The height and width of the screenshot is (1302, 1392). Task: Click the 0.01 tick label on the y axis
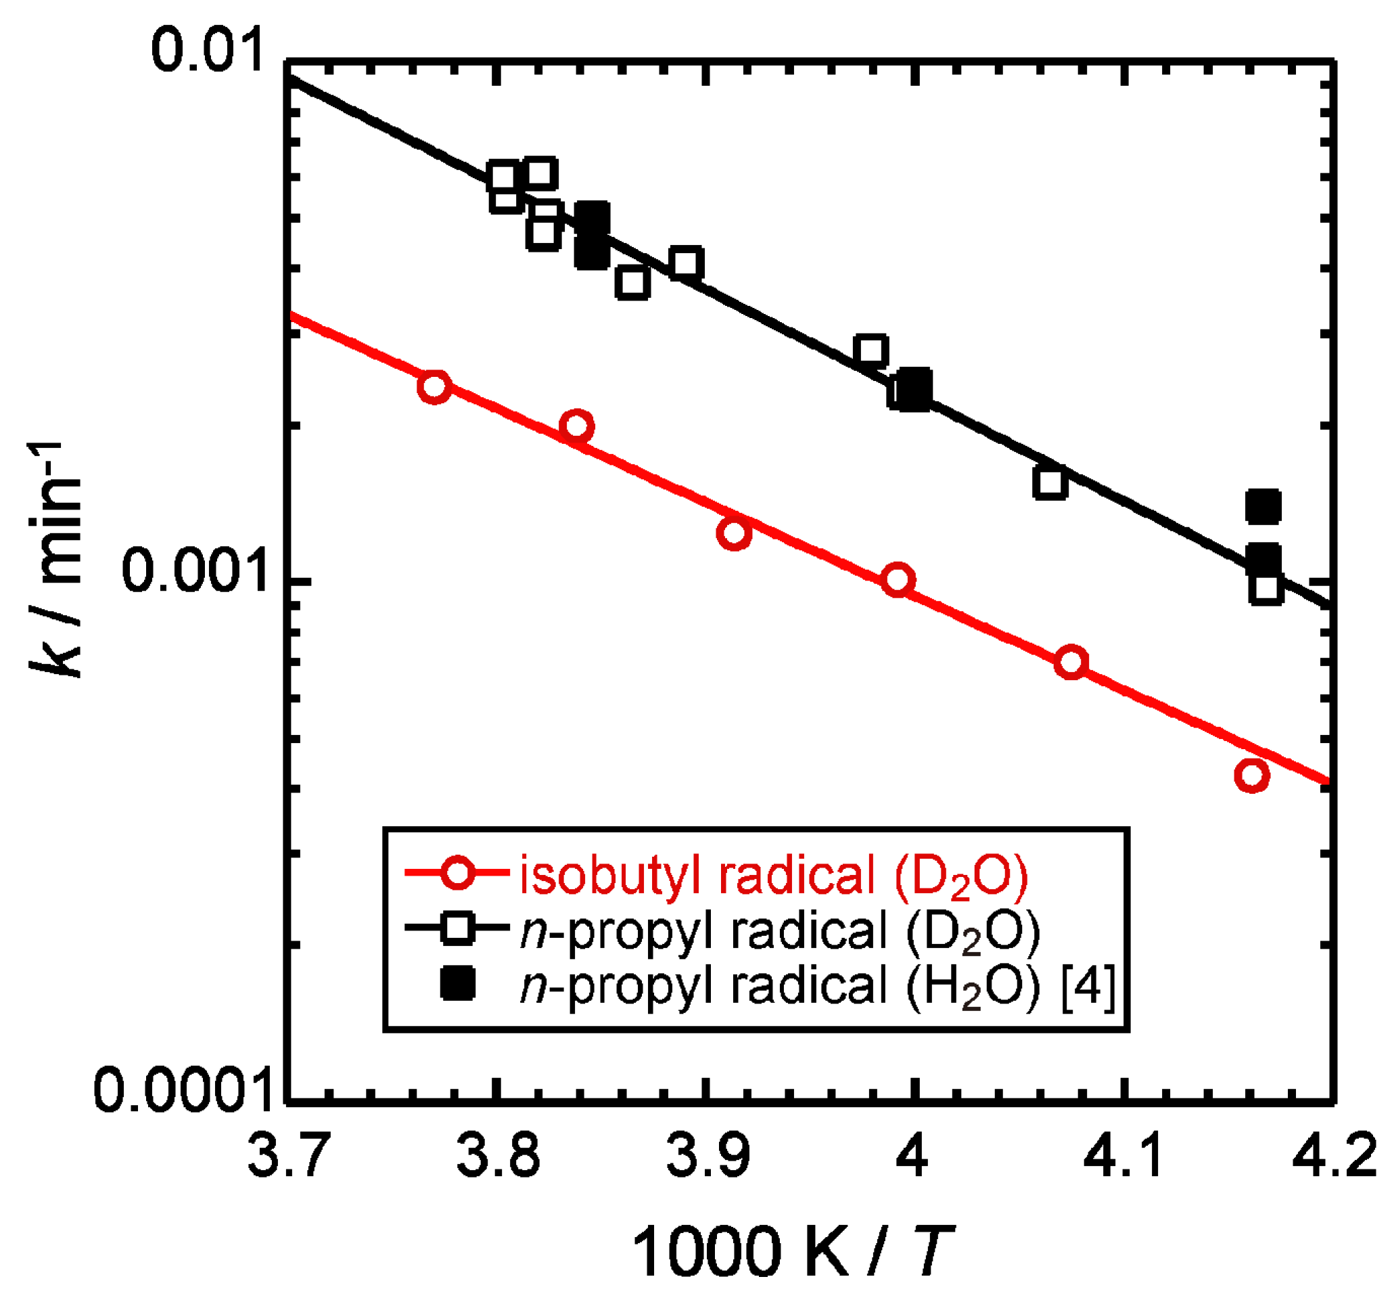point(208,51)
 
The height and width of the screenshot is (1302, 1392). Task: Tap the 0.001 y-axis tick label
point(196,570)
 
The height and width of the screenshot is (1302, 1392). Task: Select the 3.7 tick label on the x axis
point(289,1157)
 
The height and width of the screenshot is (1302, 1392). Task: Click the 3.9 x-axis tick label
point(707,1157)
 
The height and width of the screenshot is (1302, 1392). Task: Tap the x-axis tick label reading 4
point(912,1157)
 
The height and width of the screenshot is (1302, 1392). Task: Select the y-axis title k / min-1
point(56,560)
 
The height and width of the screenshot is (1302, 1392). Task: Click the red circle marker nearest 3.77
point(434,386)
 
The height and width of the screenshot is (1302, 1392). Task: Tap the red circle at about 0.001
point(898,579)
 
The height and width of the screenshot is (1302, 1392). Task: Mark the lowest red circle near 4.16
point(1252,776)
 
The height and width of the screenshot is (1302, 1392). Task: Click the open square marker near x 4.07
point(1050,482)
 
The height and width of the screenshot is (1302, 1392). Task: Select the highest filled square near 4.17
point(1263,506)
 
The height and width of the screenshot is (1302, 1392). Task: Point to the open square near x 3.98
point(871,350)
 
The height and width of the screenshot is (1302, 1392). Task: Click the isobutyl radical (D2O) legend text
point(774,876)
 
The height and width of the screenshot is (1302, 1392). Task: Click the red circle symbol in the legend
point(458,874)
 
